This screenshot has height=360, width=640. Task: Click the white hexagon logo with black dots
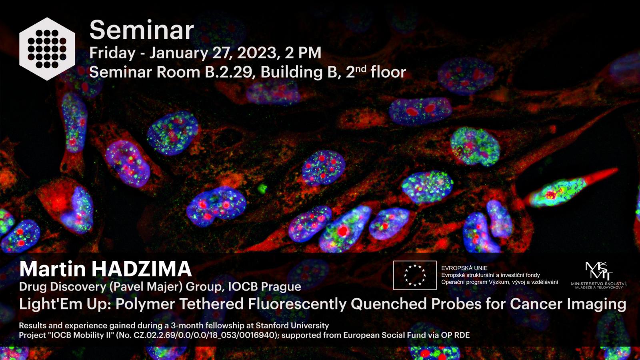(x=47, y=49)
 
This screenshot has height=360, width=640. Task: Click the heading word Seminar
(x=142, y=30)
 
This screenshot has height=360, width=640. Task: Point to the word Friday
(x=112, y=53)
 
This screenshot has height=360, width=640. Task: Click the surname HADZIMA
(x=142, y=269)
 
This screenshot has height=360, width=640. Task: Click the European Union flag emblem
(x=415, y=275)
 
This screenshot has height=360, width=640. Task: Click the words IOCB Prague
(x=264, y=287)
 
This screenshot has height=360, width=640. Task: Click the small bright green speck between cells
(x=262, y=188)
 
